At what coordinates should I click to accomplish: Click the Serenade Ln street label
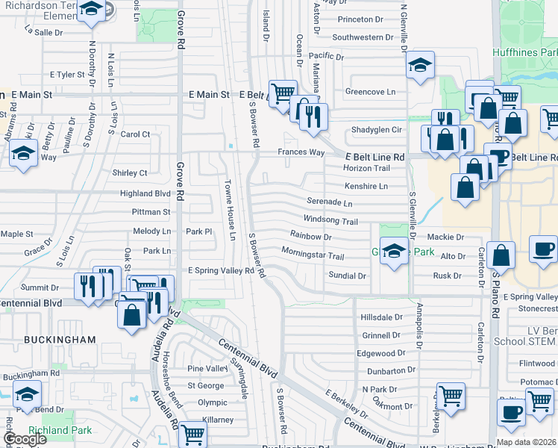[x=329, y=202]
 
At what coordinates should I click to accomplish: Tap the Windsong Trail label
[x=330, y=221]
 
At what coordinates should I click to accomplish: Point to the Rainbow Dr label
[x=310, y=237]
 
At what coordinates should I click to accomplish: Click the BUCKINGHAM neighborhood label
[x=60, y=340]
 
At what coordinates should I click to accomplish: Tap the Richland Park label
[x=60, y=430]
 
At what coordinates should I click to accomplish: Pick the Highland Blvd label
[x=145, y=193]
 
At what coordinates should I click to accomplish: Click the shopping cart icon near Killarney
[x=192, y=432]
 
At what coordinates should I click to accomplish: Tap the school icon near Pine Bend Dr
[x=27, y=393]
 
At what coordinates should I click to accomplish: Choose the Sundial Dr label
[x=347, y=276]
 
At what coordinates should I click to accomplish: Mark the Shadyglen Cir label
[x=377, y=130]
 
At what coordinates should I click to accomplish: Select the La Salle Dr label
[x=43, y=33]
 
